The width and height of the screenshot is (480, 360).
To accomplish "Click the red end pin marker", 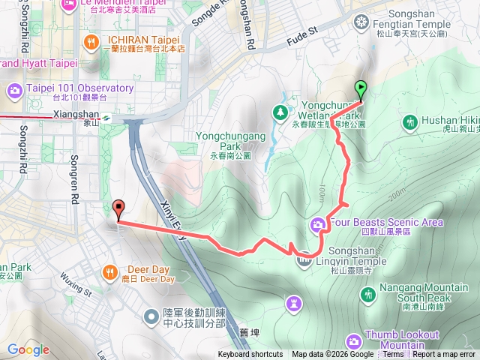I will [118, 211].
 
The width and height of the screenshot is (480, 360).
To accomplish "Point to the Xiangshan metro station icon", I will [107, 116].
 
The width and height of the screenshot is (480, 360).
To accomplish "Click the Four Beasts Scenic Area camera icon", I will [318, 223].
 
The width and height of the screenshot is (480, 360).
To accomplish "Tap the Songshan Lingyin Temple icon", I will [304, 260].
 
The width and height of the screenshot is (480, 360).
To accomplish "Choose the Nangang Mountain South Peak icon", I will [367, 294].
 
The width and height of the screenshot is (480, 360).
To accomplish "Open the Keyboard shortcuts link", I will [250, 355].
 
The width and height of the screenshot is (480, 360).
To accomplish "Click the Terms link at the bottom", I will [393, 355].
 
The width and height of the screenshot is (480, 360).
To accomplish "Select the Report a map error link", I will [445, 355].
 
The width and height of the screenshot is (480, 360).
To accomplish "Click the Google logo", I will [28, 349].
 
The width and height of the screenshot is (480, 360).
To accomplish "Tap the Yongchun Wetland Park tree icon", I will [280, 112].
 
